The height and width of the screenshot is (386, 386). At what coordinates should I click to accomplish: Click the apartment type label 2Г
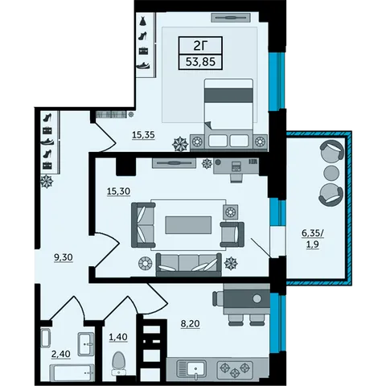click(200, 47)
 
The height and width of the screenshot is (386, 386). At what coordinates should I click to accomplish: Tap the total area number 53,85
click(200, 62)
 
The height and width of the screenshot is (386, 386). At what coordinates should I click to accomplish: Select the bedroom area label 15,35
click(143, 135)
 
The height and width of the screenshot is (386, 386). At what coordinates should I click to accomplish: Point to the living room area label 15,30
click(118, 191)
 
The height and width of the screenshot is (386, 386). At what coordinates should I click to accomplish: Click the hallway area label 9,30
click(64, 257)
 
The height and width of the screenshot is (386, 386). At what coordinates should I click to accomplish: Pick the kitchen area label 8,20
click(190, 324)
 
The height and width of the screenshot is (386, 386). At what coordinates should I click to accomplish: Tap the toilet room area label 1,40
click(118, 337)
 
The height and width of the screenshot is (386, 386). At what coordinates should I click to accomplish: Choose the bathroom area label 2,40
click(61, 354)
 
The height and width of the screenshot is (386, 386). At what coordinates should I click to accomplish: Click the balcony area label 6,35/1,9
click(313, 239)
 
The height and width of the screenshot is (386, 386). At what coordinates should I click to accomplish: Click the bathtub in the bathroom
click(72, 372)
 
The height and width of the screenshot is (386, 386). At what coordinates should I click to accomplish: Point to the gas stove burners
click(235, 369)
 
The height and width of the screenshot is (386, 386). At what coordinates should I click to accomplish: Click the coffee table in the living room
click(188, 225)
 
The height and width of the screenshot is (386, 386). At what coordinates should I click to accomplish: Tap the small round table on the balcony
click(331, 173)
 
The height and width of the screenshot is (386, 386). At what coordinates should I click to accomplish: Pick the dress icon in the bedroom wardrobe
click(143, 21)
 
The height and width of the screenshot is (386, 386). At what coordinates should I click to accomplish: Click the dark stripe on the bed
click(228, 96)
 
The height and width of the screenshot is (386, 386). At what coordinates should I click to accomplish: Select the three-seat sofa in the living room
click(189, 265)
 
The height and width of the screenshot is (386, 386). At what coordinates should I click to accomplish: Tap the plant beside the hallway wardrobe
click(47, 182)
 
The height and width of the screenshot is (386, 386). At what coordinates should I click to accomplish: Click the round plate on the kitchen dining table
click(257, 298)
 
